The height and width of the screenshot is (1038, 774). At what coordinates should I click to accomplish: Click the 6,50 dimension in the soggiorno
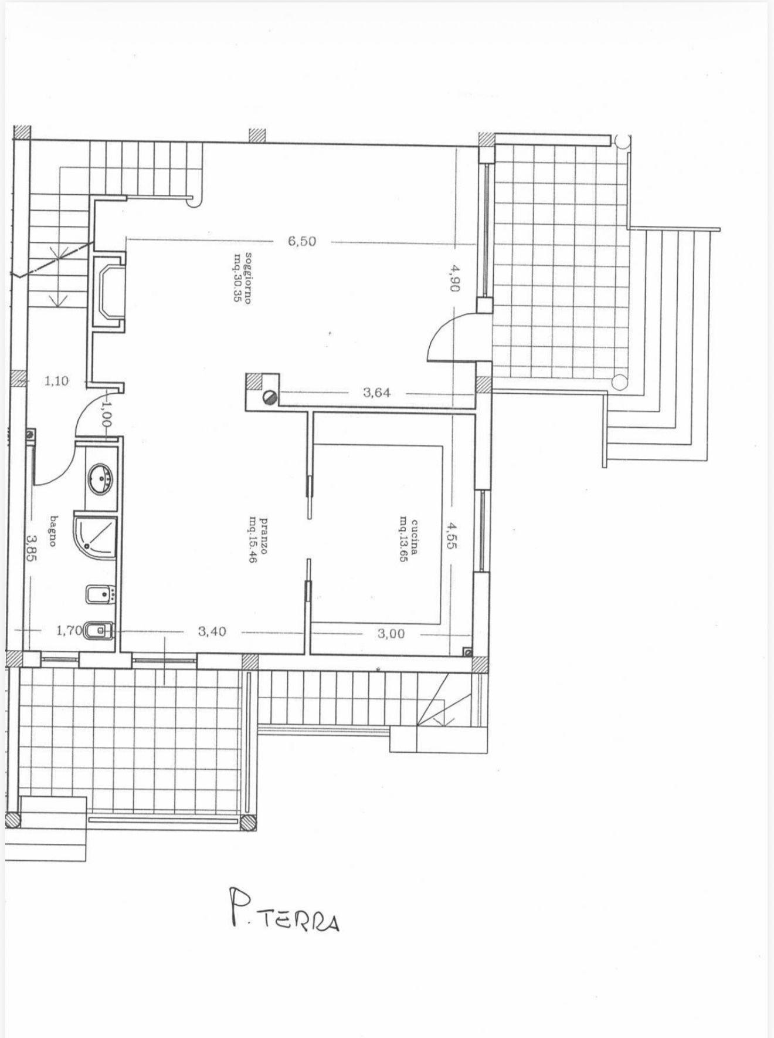pyautogui.click(x=302, y=241)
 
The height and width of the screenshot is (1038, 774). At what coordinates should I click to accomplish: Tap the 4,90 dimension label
pyautogui.click(x=456, y=278)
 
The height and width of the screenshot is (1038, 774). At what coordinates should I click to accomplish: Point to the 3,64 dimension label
pyautogui.click(x=376, y=393)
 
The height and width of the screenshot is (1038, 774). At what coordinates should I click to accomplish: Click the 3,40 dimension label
pyautogui.click(x=212, y=631)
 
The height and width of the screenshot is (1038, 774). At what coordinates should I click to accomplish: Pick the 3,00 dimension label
pyautogui.click(x=391, y=633)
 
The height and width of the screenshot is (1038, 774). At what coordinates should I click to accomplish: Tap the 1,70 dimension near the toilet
pyautogui.click(x=69, y=631)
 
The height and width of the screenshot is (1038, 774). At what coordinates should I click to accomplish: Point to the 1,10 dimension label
pyautogui.click(x=56, y=381)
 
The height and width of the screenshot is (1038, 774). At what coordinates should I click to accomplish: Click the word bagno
pyautogui.click(x=53, y=531)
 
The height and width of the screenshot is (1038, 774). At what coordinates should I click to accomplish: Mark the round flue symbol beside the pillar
pyautogui.click(x=269, y=397)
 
